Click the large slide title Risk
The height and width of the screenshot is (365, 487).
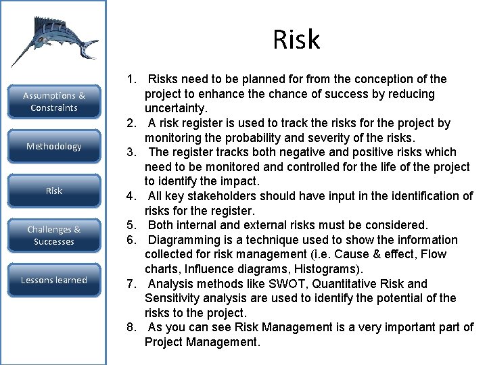coord(296,40)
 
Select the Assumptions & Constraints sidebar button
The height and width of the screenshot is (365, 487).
coord(54,102)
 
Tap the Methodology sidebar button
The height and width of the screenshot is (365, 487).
coord(54,147)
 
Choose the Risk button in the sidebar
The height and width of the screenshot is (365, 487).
coord(54,191)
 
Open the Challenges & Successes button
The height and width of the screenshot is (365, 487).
coord(54,236)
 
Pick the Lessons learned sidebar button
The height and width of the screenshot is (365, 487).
coord(54,280)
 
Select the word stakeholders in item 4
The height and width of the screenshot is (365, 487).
coord(225,196)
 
